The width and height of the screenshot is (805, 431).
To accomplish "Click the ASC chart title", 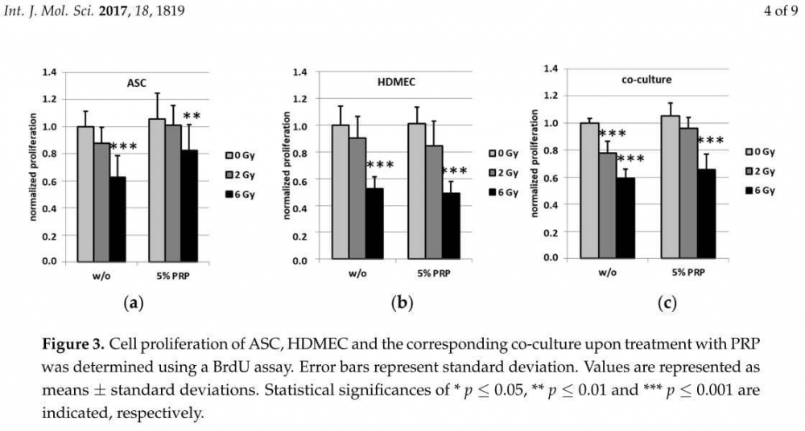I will click(x=136, y=83).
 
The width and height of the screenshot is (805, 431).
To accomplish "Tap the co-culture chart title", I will click(x=646, y=80).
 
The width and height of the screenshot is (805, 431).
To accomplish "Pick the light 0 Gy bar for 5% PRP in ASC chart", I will click(x=157, y=190).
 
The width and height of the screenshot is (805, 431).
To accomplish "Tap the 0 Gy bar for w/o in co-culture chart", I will click(x=588, y=190).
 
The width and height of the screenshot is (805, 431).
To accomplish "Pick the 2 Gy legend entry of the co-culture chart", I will click(x=760, y=170).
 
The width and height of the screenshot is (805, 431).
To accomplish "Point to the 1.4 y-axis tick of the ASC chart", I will click(x=49, y=72).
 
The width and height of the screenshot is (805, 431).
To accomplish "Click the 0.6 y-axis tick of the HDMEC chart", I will click(x=299, y=179).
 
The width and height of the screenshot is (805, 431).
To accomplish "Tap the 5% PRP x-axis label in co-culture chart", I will click(x=684, y=272).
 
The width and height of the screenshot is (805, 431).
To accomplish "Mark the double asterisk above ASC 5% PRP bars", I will click(x=192, y=117).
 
